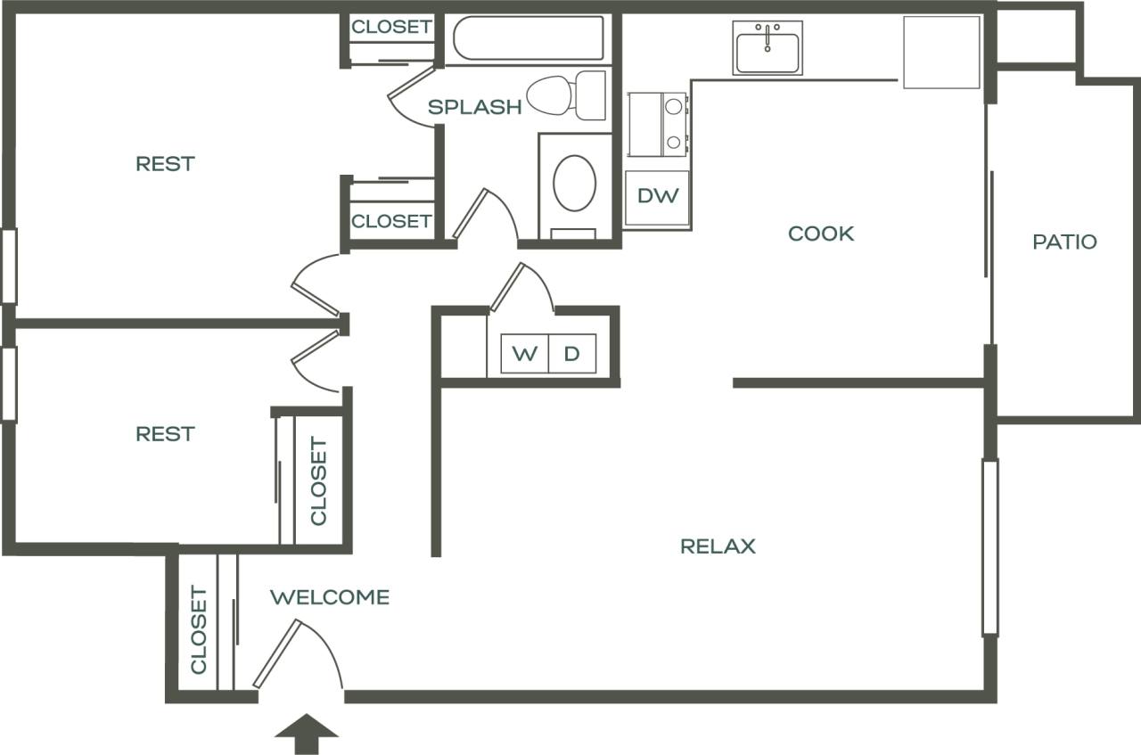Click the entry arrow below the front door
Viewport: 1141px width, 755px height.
pos(307,732)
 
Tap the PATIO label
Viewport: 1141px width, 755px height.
pos(1064,242)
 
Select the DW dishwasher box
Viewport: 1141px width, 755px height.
pos(658,196)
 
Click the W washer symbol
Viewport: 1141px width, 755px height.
pos(524,354)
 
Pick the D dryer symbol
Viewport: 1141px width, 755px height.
pos(571,354)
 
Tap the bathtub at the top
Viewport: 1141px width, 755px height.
pos(528,38)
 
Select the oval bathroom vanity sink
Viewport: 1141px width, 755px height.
pos(574,183)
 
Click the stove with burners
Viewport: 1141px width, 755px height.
pos(658,124)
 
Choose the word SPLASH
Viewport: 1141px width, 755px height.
pos(474,108)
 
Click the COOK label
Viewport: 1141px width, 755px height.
pos(821,234)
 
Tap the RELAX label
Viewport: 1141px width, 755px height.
pos(718,546)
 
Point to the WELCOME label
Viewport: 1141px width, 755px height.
pos(330,597)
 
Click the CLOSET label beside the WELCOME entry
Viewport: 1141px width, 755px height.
pos(198,629)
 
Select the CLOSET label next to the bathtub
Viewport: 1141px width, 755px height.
pos(391,27)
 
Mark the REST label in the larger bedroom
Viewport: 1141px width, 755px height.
pos(165,164)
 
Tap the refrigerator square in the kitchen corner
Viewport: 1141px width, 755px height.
pos(941,52)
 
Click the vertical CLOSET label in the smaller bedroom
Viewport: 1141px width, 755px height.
pos(318,481)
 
